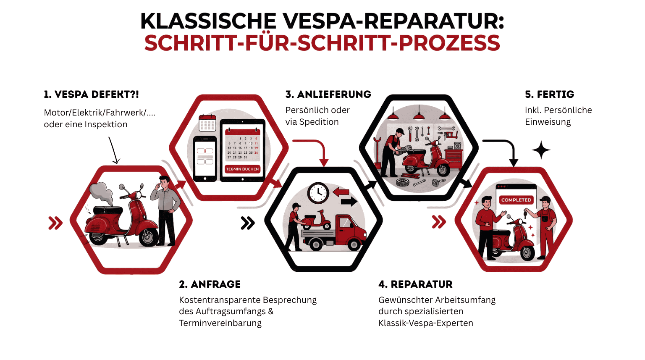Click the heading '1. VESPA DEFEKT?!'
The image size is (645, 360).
click(91, 95)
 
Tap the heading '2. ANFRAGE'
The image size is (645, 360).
click(210, 284)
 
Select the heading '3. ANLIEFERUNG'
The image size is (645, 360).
click(328, 95)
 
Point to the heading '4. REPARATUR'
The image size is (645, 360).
click(415, 284)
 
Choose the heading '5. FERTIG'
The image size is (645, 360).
click(549, 95)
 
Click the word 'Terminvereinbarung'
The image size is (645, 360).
click(220, 323)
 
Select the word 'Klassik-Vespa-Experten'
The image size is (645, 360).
click(425, 323)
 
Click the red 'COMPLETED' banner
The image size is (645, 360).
click(516, 200)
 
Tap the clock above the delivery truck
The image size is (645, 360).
click(318, 193)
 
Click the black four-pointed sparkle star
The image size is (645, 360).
click(541, 150)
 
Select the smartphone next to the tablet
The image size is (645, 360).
click(205, 158)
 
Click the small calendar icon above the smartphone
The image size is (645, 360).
click(207, 123)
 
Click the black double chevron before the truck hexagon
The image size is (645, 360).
click(248, 223)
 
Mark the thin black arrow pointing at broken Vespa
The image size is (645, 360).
click(113, 150)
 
